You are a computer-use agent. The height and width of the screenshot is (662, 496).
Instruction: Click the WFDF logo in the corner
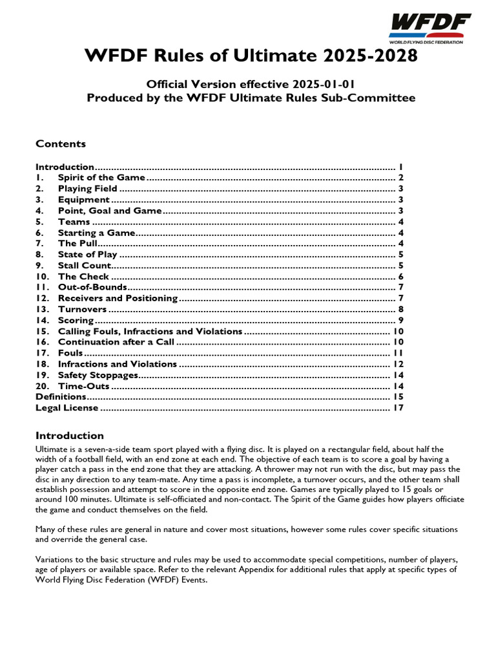[429, 27]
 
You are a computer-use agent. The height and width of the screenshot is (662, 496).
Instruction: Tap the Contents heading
[60, 144]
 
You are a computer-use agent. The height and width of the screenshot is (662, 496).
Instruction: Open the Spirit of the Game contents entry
[101, 178]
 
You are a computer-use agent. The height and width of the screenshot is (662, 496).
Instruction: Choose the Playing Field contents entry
[88, 189]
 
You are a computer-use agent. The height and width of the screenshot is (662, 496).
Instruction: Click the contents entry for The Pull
[77, 244]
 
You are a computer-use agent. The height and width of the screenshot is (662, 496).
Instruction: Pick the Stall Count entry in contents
[85, 266]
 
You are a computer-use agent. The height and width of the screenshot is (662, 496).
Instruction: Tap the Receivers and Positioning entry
[118, 298]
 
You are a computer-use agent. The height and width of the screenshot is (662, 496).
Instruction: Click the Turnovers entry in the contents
[82, 310]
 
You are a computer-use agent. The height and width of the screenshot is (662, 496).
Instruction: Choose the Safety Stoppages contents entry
[98, 375]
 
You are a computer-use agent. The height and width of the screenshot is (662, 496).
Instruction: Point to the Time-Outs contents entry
[83, 386]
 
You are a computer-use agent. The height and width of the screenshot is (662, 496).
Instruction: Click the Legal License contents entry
[67, 408]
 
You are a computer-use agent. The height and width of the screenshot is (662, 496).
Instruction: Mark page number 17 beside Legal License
[398, 408]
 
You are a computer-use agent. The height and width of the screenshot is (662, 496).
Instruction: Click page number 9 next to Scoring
[400, 321]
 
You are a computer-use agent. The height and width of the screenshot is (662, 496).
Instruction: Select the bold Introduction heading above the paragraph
[69, 436]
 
